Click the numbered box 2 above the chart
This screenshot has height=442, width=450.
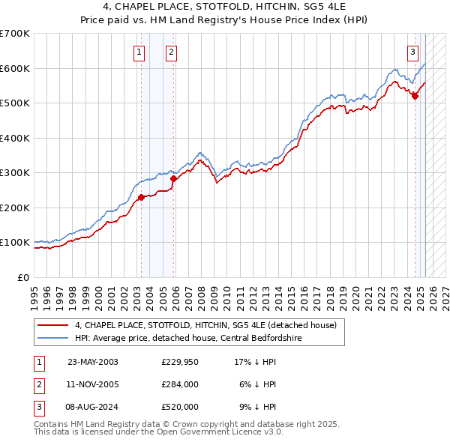point(172,52)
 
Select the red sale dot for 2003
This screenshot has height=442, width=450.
point(141,198)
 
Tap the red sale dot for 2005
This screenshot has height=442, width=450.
point(173,178)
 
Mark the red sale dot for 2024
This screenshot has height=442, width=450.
point(415,96)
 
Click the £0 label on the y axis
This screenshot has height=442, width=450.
point(23,277)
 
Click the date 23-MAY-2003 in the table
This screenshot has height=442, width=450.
point(93,362)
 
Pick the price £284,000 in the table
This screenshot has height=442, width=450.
point(180,384)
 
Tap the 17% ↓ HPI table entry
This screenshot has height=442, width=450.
point(256,362)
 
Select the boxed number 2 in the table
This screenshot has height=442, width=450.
point(38,384)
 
